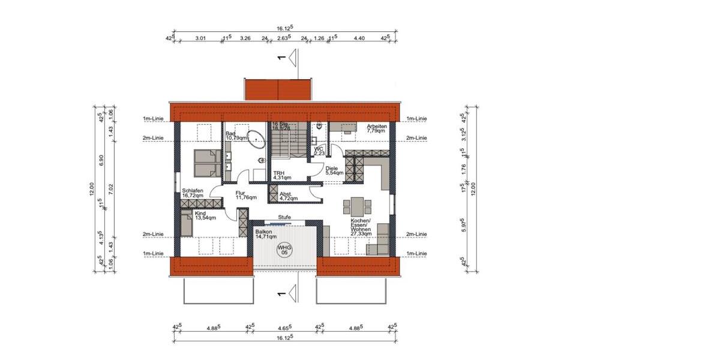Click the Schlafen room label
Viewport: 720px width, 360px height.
[193, 193]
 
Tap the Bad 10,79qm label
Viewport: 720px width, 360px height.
[236, 135]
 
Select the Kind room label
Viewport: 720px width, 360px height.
[205, 215]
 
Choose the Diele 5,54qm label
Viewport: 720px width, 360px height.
[334, 170]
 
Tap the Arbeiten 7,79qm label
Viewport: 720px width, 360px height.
[376, 130]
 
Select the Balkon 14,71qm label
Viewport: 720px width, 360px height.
[265, 235]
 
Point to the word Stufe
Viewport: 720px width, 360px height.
[284, 217]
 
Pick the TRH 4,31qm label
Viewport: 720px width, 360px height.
[282, 175]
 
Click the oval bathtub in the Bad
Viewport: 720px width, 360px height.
[257, 139]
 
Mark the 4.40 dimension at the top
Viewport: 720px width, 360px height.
[359, 38]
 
